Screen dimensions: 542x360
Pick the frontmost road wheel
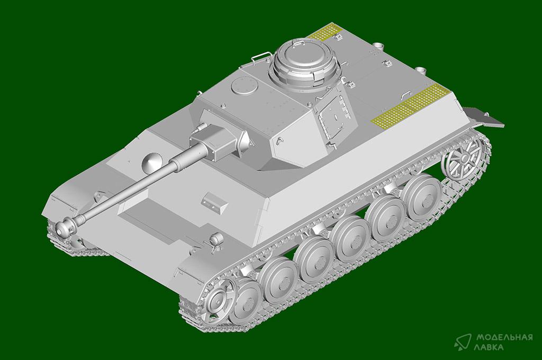pyautogui.click(x=246, y=301)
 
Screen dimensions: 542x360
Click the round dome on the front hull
pyautogui.click(x=151, y=163)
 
